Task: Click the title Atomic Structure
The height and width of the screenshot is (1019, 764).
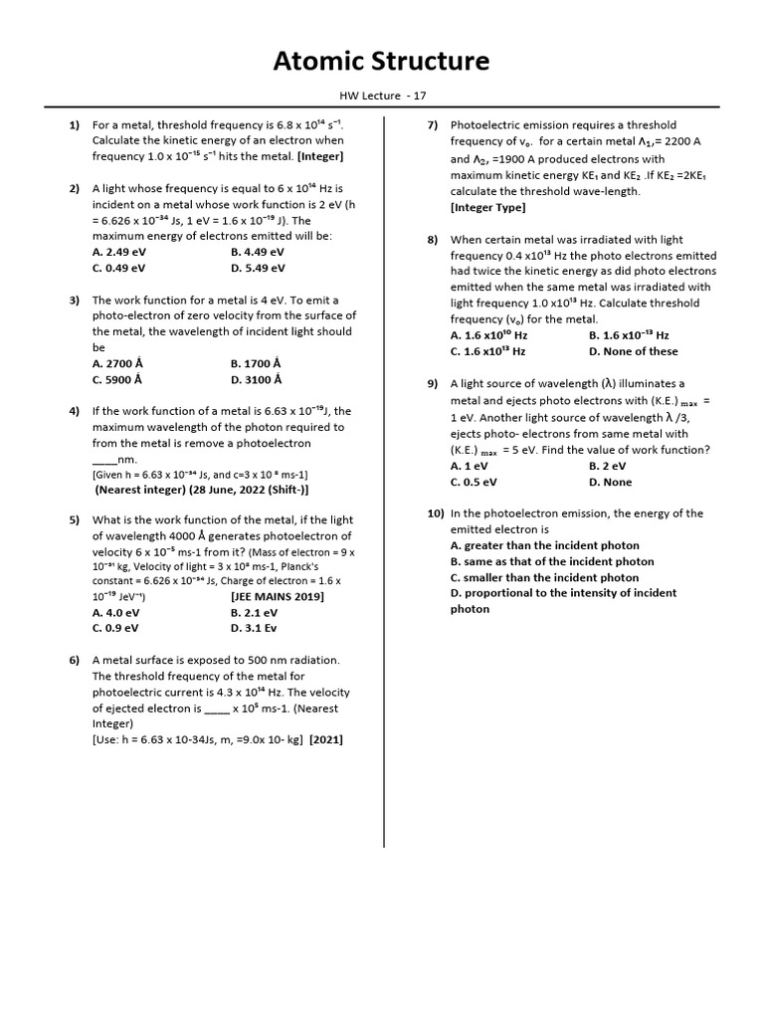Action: click(382, 62)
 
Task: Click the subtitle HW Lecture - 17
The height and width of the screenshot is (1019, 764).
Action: click(382, 95)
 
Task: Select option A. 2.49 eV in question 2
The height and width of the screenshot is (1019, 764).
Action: click(118, 252)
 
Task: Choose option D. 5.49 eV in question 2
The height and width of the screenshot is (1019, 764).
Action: click(258, 268)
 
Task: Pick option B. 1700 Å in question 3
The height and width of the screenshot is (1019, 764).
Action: click(256, 363)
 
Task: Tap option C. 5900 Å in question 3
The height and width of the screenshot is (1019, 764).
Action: click(117, 379)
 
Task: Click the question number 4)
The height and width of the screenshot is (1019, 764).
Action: click(74, 411)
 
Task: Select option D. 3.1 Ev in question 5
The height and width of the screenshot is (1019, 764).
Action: click(254, 628)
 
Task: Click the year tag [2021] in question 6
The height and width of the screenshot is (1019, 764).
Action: click(326, 739)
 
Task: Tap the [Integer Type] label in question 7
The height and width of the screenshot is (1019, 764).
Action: click(487, 207)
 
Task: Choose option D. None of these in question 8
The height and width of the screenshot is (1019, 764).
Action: click(633, 351)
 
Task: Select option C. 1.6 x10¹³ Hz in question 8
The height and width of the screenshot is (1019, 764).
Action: click(487, 351)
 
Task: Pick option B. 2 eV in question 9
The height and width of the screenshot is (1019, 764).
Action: click(607, 466)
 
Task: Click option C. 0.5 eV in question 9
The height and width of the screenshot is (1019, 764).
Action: click(474, 482)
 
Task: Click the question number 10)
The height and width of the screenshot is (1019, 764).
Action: click(435, 513)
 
